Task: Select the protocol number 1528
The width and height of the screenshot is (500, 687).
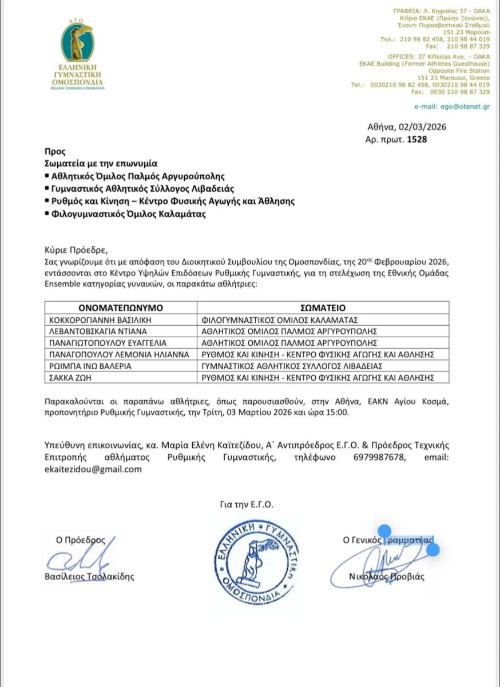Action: click(416, 139)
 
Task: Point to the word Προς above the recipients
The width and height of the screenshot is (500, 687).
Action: click(55, 151)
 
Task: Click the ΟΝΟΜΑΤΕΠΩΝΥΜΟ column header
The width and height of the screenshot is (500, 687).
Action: click(121, 307)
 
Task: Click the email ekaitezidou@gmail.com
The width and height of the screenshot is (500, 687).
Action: click(93, 469)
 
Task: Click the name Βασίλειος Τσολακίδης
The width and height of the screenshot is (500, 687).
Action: click(89, 577)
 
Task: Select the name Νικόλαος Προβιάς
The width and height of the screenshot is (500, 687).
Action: click(387, 577)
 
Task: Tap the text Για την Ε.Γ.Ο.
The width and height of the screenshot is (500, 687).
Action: click(247, 504)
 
